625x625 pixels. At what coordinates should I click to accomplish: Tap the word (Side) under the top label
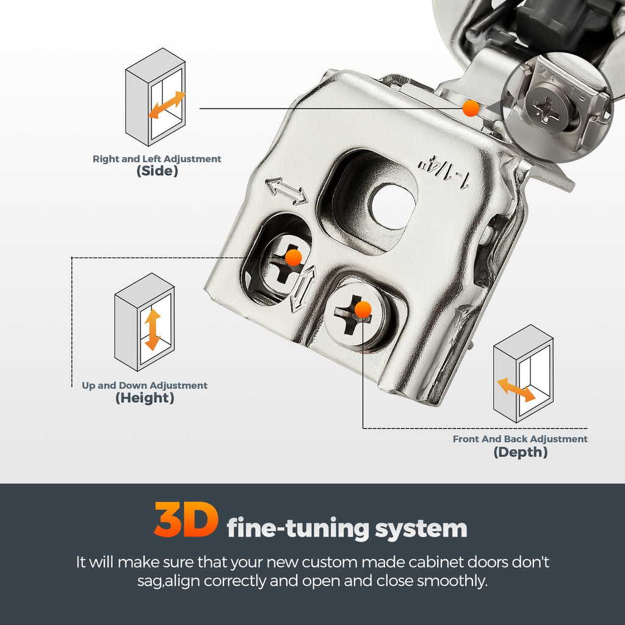click(157, 171)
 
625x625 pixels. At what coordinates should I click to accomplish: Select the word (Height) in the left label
click(145, 398)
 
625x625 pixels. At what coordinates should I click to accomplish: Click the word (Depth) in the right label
click(520, 452)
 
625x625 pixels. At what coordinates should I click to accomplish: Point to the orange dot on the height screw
click(294, 258)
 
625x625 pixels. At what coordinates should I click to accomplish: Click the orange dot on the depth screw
click(363, 309)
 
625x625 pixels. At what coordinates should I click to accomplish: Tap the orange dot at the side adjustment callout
click(471, 108)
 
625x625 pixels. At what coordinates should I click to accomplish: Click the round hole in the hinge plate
click(391, 206)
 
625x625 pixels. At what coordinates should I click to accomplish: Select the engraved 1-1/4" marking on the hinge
click(443, 174)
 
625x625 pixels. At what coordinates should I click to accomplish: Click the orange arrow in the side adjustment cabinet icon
click(167, 105)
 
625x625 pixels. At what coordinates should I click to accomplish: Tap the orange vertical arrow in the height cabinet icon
click(152, 330)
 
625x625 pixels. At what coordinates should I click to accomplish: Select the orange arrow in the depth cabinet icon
click(516, 390)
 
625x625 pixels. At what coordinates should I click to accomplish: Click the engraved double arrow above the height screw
click(286, 191)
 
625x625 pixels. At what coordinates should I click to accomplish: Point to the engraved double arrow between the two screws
click(303, 289)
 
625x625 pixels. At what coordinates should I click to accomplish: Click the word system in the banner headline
click(421, 529)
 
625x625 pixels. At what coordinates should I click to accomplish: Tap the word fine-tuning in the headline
click(298, 528)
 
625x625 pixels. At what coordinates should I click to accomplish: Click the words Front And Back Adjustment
click(520, 439)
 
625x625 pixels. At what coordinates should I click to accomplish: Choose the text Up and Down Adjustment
click(145, 386)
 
